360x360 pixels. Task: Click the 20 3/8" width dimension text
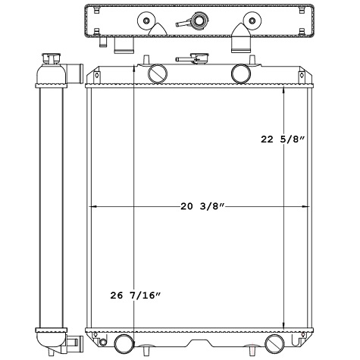202,206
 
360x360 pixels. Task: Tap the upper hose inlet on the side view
74,73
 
